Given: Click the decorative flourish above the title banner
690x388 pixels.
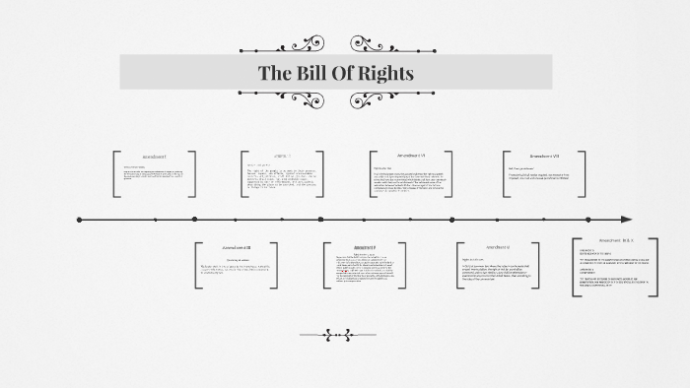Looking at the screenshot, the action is [x=336, y=45].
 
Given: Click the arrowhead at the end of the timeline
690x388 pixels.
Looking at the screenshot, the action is [x=626, y=219].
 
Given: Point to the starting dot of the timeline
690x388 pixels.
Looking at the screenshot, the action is [x=79, y=219].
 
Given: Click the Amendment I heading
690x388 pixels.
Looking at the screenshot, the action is [x=154, y=157].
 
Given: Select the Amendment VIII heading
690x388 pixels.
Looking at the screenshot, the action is [x=544, y=156].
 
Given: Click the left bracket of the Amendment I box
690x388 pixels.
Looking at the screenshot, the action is [x=116, y=174].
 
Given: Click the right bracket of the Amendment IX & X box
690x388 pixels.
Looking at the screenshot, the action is [x=655, y=268].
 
